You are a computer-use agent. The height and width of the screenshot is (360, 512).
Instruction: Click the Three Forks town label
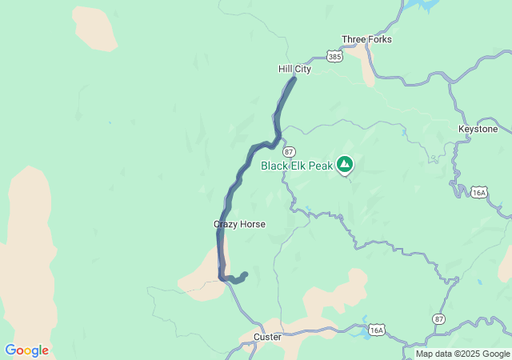[366, 39]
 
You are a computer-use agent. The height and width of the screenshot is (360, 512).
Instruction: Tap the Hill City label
[294, 69]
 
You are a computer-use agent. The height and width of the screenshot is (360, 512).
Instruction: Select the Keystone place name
[478, 129]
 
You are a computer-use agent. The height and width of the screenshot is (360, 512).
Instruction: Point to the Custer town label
[267, 337]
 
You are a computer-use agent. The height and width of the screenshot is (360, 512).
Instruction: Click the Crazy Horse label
[239, 224]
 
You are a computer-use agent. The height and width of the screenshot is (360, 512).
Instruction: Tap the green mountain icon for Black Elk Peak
[345, 165]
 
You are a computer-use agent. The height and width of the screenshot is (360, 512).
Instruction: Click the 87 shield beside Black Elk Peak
[289, 152]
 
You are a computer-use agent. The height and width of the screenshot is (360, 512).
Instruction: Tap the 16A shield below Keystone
[479, 192]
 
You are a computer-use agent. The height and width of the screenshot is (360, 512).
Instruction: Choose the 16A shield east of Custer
[377, 330]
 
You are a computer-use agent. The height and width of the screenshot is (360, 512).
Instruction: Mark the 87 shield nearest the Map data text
[438, 318]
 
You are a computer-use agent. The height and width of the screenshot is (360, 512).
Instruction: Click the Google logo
[26, 350]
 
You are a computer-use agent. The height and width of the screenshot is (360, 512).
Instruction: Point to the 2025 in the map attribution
[469, 354]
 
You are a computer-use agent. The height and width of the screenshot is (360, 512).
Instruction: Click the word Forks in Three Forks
[379, 39]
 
